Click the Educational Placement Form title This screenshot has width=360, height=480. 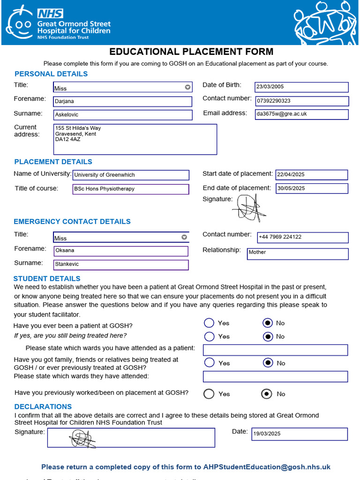pos(191,52)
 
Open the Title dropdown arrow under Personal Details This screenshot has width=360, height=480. pos(187,87)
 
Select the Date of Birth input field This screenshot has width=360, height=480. pos(301,87)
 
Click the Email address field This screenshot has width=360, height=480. pos(301,114)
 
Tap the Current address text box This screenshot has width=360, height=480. pos(135,139)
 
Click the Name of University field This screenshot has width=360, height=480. pos(131,175)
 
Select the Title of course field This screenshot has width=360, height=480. pos(131,189)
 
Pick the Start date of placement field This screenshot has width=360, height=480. pos(312,175)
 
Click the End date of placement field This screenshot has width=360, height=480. pos(312,188)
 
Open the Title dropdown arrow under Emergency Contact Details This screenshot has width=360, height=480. pos(184,237)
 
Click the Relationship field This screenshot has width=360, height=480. pos(298,254)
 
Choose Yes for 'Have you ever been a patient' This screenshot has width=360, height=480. pos(210,323)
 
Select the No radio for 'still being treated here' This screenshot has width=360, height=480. pos(268,337)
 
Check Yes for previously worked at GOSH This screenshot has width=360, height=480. pos(209,394)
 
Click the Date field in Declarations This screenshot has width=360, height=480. pos(300,434)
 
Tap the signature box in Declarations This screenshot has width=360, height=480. pos(130,438)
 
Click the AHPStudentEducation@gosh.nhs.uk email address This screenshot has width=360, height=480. pos(267,467)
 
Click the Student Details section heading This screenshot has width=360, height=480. pos(47,278)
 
